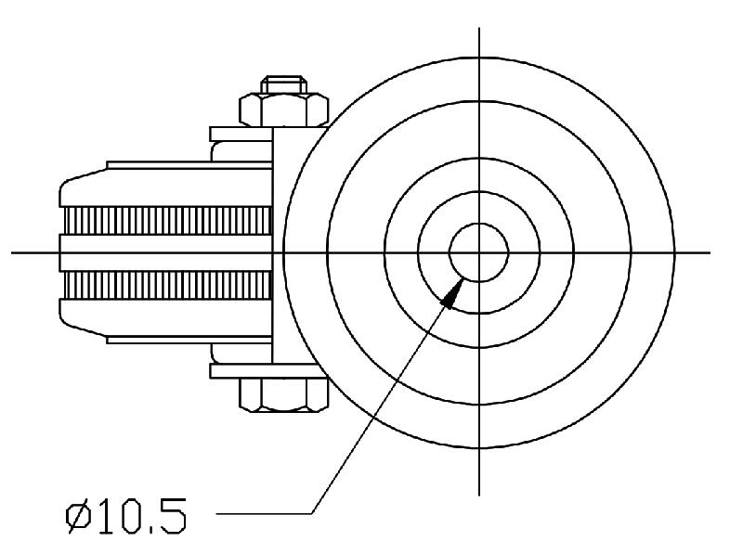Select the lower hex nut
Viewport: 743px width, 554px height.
point(284,395)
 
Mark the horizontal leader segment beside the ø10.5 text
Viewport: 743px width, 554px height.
point(265,512)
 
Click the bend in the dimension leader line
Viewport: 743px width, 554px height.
point(314,512)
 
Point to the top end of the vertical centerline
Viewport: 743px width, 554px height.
point(478,29)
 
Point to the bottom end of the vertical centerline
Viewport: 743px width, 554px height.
point(478,495)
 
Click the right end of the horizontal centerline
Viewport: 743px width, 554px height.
point(710,251)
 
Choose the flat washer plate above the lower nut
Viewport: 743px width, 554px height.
point(242,370)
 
